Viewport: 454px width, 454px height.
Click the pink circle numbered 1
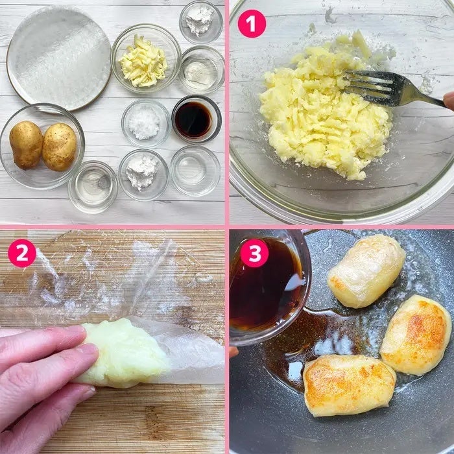point(252,24)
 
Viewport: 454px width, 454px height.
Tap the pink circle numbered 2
point(22,253)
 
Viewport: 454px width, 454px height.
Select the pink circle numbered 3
point(254,253)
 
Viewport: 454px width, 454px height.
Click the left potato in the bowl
point(26,145)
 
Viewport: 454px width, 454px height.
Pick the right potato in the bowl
point(60,147)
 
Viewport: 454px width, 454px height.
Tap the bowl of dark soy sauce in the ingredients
point(197,119)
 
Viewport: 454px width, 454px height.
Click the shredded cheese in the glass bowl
point(143,62)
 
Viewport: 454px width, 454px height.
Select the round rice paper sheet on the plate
point(60,57)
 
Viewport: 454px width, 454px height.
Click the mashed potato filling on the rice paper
point(123,353)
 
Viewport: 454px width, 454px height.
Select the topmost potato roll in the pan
point(366,270)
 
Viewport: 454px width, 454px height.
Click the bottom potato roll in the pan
point(350,385)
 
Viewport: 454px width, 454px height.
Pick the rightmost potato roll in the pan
point(416,335)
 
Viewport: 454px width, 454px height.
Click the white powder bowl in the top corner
point(201,22)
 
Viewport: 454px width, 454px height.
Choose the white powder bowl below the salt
point(143,174)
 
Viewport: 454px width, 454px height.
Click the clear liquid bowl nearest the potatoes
point(93,187)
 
